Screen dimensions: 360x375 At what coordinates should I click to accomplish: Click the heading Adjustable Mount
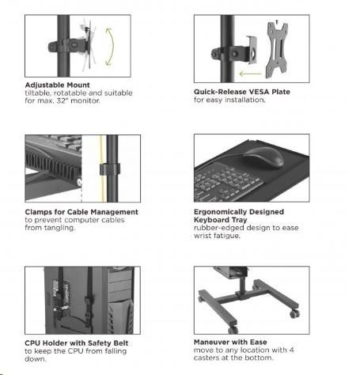coord(57,85)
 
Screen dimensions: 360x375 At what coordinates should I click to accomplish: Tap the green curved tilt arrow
coord(112,46)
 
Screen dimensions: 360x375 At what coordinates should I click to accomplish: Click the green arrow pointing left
coord(250,74)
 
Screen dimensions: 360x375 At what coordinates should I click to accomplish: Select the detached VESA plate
coord(276,51)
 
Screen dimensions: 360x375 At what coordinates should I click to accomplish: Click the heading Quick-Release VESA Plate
coord(242,92)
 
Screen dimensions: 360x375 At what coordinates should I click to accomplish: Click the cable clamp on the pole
coord(110,169)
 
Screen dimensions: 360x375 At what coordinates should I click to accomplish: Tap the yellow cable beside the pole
coord(102,169)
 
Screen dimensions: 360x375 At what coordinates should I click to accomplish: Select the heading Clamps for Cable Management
coord(81,212)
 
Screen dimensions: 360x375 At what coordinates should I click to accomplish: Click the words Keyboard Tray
coord(221,220)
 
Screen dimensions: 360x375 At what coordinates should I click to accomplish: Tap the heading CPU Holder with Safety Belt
coord(77,343)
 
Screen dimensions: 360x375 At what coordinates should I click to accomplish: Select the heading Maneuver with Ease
coord(230,342)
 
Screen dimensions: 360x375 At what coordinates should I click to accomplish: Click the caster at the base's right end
coord(294,313)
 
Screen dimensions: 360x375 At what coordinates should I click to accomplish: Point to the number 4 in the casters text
coord(291,350)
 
